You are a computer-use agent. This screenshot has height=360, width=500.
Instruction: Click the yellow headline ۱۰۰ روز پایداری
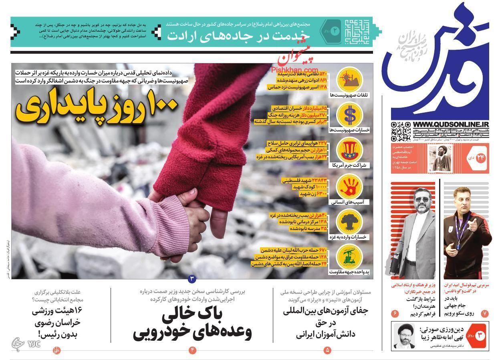97,108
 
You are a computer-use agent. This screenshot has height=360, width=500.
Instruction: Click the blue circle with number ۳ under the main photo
192,278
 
